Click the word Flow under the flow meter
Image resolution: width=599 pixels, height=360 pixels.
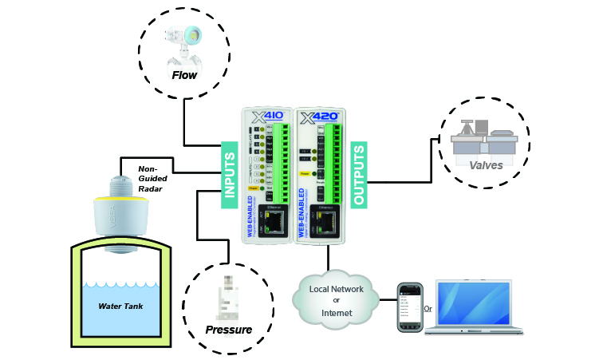click(x=185, y=76)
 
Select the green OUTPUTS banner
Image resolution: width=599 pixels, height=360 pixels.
click(x=359, y=176)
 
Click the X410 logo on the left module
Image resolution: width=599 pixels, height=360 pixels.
click(x=264, y=121)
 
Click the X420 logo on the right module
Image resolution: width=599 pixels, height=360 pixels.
click(x=318, y=121)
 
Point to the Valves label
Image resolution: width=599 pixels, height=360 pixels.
click(x=486, y=165)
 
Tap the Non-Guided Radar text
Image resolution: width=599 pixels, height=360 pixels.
click(x=152, y=179)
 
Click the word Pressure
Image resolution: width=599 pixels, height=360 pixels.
click(x=229, y=330)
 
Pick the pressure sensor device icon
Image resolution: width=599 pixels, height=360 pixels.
click(x=229, y=295)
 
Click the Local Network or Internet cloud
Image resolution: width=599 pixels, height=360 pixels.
click(x=336, y=295)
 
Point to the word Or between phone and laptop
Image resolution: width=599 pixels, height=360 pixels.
click(x=428, y=308)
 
